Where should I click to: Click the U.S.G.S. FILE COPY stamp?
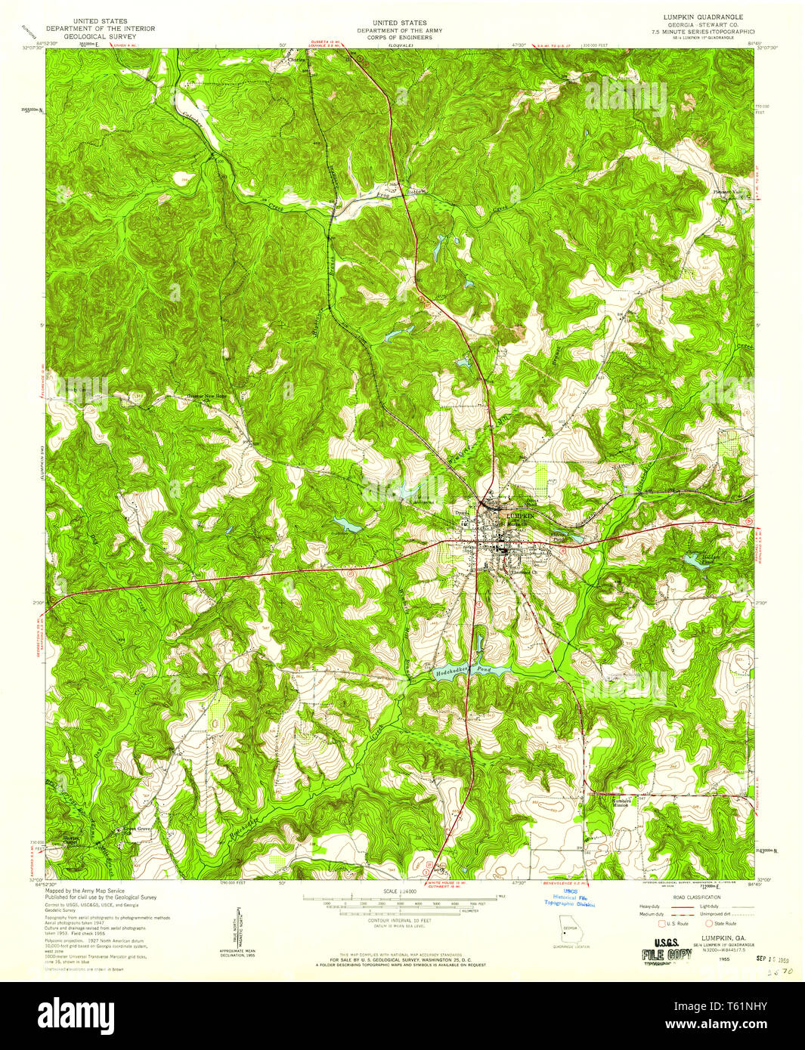point(667,947)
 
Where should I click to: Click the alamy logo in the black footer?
point(76,1013)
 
